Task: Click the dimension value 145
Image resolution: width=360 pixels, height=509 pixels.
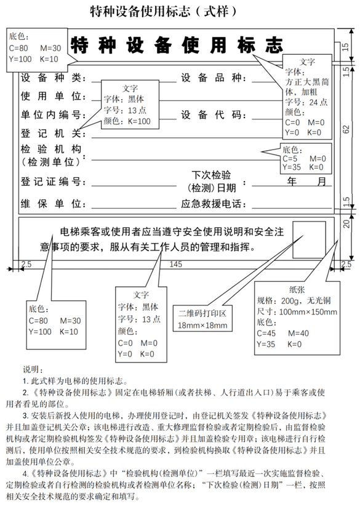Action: (175, 264)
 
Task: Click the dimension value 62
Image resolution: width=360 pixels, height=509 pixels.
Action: (346, 129)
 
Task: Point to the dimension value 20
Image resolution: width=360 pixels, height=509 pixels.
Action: (346, 223)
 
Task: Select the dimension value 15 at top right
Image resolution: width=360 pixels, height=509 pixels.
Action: (345, 47)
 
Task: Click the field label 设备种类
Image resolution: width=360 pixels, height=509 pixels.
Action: (51, 78)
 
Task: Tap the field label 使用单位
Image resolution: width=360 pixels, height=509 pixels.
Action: (51, 96)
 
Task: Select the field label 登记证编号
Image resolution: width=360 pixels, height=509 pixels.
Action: (51, 182)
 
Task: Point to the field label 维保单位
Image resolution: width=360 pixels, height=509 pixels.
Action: (51, 204)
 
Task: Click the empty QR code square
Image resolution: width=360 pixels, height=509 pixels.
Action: (310, 239)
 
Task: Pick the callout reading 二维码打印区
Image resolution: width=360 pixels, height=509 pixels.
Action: (202, 313)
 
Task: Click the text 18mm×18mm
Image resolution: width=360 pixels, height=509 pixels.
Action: (202, 325)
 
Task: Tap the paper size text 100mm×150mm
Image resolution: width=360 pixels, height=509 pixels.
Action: (308, 312)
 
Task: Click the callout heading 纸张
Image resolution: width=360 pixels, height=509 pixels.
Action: (297, 289)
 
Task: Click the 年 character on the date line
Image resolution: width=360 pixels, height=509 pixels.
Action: (292, 181)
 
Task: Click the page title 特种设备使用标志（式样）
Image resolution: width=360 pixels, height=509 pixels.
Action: (164, 12)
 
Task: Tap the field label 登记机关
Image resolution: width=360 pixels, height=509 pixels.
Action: (51, 134)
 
